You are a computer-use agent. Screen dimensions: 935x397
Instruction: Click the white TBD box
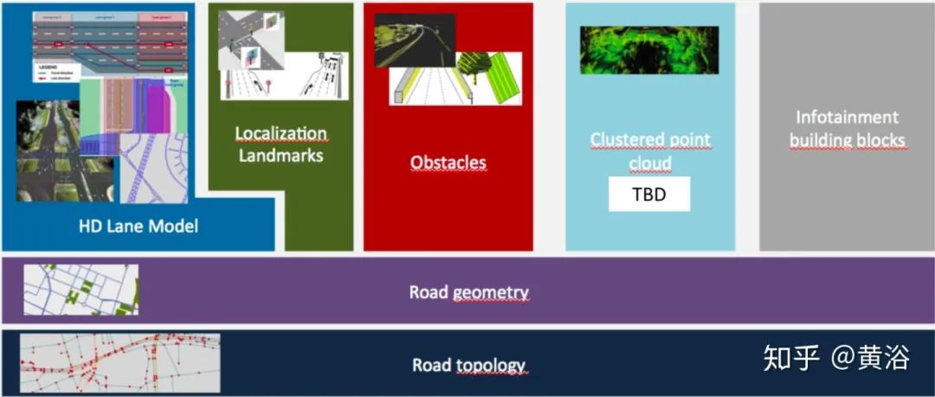tap(649, 194)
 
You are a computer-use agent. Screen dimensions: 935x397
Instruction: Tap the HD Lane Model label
tap(139, 226)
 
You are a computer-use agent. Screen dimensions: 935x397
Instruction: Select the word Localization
tap(281, 134)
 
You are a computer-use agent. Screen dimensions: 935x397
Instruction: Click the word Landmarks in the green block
tap(281, 156)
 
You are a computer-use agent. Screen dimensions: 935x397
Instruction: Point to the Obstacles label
tap(448, 162)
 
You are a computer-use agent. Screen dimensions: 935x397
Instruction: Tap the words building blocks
tap(846, 140)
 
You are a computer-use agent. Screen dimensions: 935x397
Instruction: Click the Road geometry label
tap(468, 292)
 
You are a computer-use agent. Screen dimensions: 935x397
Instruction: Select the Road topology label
tap(468, 365)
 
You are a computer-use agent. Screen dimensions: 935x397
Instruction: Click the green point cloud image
tap(649, 49)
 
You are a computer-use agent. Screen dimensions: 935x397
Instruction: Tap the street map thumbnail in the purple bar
tap(81, 290)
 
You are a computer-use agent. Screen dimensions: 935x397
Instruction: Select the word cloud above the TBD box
tap(649, 163)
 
